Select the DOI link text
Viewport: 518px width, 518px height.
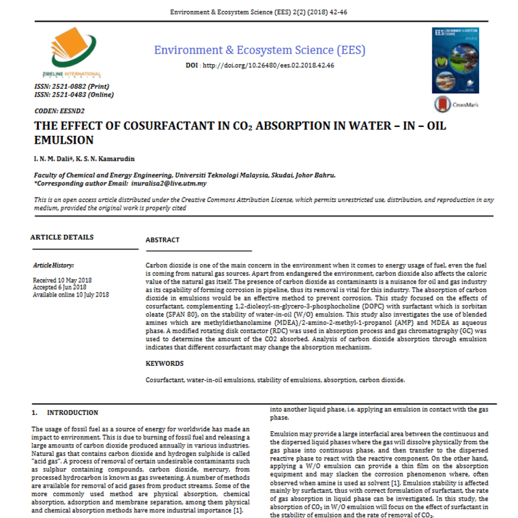click(271, 65)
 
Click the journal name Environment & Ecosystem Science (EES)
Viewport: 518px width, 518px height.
click(259, 50)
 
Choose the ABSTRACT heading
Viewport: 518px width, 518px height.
click(163, 240)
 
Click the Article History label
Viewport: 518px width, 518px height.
click(54, 265)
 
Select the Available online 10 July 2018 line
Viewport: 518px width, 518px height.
click(71, 295)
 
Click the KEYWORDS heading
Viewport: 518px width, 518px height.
click(164, 364)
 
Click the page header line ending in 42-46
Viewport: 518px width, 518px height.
click(259, 12)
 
